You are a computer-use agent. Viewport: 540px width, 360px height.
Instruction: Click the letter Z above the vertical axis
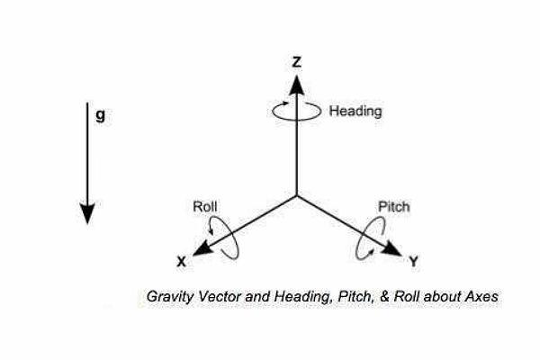tap(296, 62)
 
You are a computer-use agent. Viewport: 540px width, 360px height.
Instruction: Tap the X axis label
tap(181, 263)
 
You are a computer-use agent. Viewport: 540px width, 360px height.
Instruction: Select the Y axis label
tap(413, 264)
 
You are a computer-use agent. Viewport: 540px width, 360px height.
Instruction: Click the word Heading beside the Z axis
tap(355, 112)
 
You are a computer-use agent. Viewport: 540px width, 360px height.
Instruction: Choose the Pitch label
tap(393, 207)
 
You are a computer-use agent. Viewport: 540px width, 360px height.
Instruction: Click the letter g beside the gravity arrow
tap(101, 116)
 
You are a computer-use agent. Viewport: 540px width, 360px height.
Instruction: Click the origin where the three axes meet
tap(296, 195)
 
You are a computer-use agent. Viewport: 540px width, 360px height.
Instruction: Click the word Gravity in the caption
tap(170, 296)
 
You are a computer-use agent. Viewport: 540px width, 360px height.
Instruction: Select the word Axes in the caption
tap(481, 296)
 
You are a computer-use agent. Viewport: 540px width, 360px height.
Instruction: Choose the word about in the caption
tap(441, 296)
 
